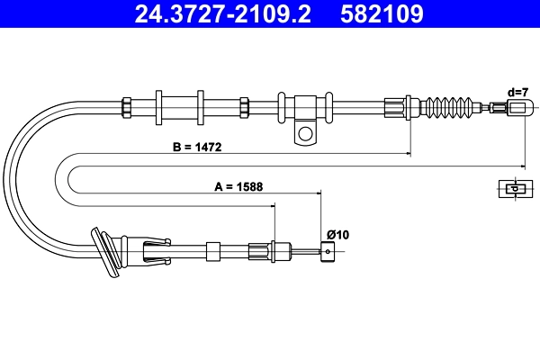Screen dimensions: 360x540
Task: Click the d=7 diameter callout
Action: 517,92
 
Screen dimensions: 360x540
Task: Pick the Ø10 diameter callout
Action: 337,235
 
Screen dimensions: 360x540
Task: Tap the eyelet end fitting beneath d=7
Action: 519,108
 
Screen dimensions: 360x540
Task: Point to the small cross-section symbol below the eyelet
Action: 512,188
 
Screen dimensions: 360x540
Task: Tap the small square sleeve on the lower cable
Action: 213,251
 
